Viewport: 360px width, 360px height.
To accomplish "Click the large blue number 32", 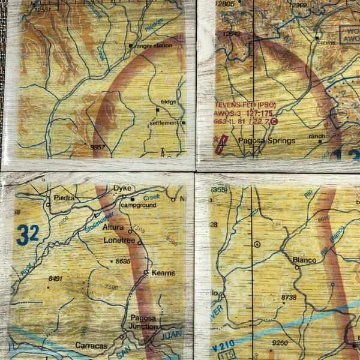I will pos(28,235).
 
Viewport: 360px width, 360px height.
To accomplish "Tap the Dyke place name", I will pos(122,188).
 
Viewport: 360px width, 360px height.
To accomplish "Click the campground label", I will pos(138,205).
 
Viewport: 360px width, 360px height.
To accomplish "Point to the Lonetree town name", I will pos(117,239).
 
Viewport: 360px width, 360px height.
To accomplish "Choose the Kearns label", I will pos(163,273).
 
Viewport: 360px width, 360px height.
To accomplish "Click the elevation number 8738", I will pos(289,298).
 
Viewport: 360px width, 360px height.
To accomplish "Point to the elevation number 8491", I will pos(56,278).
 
